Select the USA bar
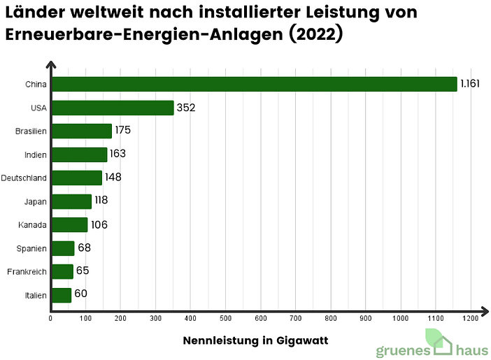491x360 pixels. [x=112, y=108]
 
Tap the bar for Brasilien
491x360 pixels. [x=81, y=131]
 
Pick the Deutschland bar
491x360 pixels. [x=76, y=178]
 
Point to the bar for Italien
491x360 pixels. [x=61, y=295]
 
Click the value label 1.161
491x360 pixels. [x=468, y=84]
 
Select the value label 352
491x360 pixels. [x=186, y=108]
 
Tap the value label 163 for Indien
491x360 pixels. [x=118, y=154]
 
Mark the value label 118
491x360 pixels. [x=101, y=201]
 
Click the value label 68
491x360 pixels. [x=84, y=248]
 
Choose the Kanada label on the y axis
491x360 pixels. [x=34, y=225]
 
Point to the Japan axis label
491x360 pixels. [x=36, y=201]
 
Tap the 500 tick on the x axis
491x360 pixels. [x=225, y=319]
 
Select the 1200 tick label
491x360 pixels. [x=470, y=319]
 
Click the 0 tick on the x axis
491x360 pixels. [x=50, y=319]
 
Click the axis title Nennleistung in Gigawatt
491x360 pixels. [x=255, y=340]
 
